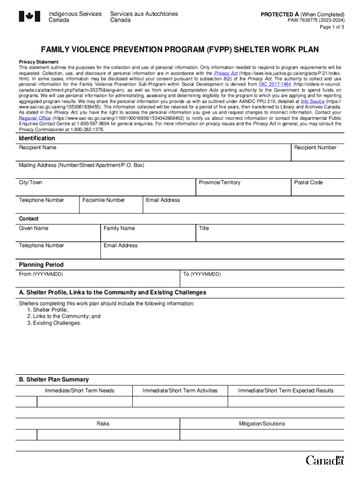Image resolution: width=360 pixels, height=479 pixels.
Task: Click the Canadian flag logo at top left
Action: (x=30, y=17)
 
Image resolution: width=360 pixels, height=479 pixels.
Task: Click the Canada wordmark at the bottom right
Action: (x=324, y=460)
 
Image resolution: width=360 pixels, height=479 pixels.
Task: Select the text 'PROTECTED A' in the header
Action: (x=280, y=15)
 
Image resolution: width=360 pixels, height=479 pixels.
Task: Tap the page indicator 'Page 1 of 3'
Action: (x=332, y=27)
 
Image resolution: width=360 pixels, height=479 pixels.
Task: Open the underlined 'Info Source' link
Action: (x=312, y=101)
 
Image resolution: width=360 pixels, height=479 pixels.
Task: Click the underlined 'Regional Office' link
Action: (x=35, y=118)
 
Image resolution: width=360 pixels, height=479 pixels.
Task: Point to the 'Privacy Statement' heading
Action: (x=38, y=62)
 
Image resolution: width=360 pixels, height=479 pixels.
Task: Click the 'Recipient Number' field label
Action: (x=315, y=148)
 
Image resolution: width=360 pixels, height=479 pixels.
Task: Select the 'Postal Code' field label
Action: (x=308, y=182)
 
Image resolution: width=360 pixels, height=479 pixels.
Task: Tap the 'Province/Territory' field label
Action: (x=219, y=182)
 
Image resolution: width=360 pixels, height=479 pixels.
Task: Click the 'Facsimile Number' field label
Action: (x=103, y=200)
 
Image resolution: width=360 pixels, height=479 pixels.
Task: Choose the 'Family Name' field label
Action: (x=119, y=228)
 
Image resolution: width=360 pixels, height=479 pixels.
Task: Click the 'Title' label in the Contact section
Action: (x=204, y=228)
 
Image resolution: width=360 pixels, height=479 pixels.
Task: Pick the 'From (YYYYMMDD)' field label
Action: (x=41, y=274)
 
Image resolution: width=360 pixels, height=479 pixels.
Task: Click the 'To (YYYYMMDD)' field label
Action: (x=202, y=274)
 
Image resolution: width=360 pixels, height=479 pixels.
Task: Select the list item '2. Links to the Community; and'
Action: (x=64, y=316)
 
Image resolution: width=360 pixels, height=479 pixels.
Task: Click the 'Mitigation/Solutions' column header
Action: (x=262, y=424)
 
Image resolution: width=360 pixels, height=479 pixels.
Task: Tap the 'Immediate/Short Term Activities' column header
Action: (x=180, y=391)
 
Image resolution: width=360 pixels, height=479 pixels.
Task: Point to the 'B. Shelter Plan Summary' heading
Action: (x=53, y=379)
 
